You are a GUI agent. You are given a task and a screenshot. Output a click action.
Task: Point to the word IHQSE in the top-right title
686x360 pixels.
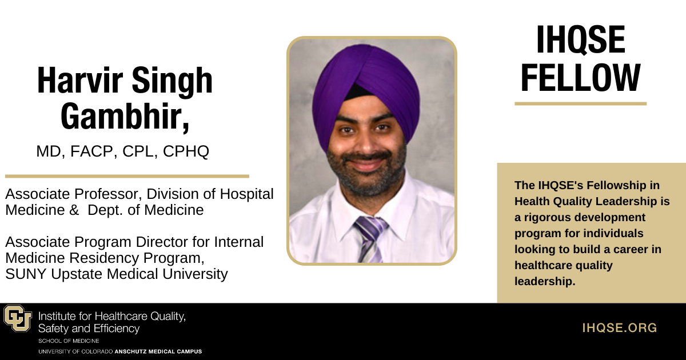(x=580, y=41)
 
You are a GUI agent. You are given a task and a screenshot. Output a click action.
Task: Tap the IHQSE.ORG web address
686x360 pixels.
(x=620, y=328)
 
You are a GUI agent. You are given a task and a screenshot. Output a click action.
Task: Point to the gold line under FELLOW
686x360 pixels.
(x=580, y=104)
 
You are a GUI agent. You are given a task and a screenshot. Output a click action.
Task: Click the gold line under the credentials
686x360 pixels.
(x=127, y=176)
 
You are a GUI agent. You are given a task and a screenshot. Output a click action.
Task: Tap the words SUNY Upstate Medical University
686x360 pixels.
(x=117, y=274)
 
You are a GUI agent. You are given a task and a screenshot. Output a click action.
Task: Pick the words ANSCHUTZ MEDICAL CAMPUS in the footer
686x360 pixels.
(x=158, y=351)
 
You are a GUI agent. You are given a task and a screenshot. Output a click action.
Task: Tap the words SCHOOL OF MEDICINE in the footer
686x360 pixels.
(x=69, y=341)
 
